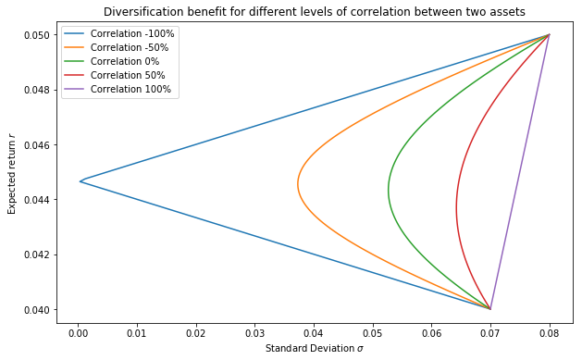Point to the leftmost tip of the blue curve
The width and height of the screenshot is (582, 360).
tap(80, 181)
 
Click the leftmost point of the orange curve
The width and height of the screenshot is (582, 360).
tap(298, 183)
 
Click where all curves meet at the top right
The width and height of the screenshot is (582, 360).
tap(549, 35)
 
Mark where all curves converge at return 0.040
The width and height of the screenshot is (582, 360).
tap(490, 308)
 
